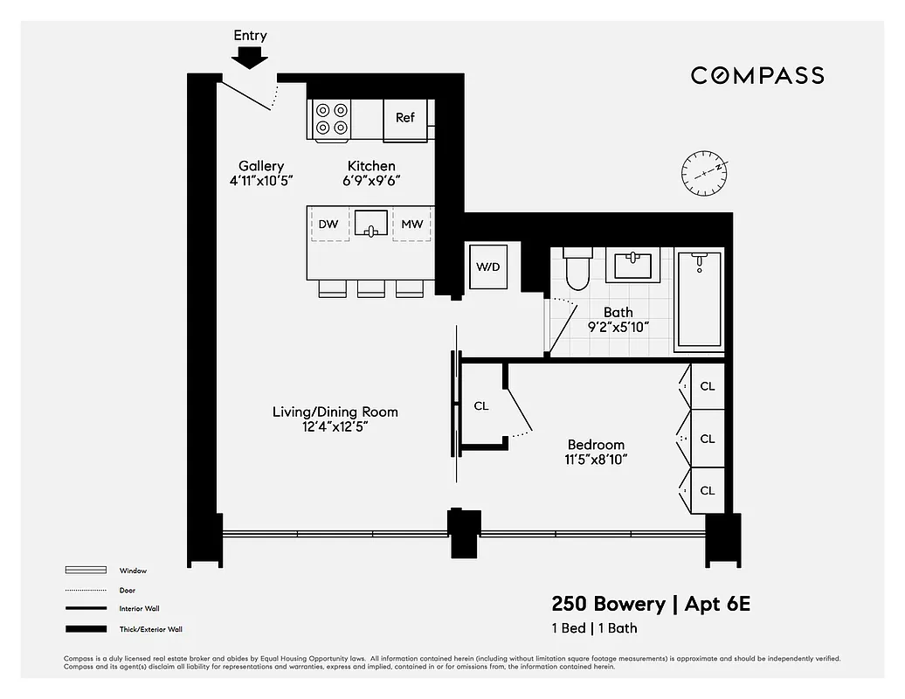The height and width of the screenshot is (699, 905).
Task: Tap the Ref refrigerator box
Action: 405,119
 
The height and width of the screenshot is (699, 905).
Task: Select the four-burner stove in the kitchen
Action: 332,120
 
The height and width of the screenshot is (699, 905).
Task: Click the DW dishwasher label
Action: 328,225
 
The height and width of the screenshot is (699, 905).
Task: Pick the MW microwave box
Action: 411,225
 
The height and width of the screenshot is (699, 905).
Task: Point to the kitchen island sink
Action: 371,224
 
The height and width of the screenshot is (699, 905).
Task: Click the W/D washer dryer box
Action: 488,266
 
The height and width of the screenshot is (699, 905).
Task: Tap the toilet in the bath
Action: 577,269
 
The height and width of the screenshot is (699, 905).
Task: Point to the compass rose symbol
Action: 704,172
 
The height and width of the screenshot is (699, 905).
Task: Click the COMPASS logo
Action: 757,76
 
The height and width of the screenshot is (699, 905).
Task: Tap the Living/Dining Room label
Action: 335,412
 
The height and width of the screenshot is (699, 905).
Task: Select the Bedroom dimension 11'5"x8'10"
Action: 597,460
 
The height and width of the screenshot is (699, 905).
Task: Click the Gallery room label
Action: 261,166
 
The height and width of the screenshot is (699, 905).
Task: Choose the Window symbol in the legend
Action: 86,571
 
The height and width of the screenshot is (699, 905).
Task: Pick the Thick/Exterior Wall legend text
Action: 151,629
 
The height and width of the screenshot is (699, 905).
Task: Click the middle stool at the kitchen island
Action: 370,288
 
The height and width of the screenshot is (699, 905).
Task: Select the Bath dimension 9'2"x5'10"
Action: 618,328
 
